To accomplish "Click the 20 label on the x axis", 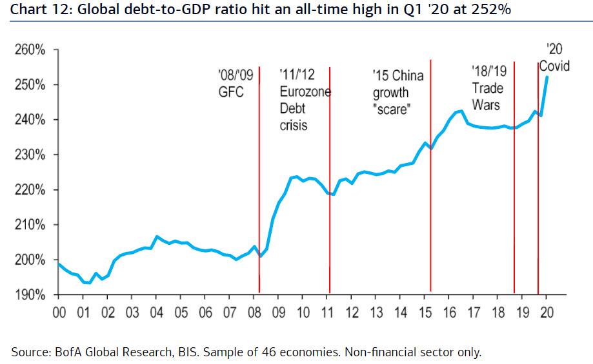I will click(547, 313).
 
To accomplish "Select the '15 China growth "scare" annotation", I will click(397, 92).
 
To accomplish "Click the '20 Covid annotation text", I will click(555, 58).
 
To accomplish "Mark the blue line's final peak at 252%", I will click(547, 77).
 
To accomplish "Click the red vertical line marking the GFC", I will click(259, 193).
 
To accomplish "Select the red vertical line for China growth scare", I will click(430, 193).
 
